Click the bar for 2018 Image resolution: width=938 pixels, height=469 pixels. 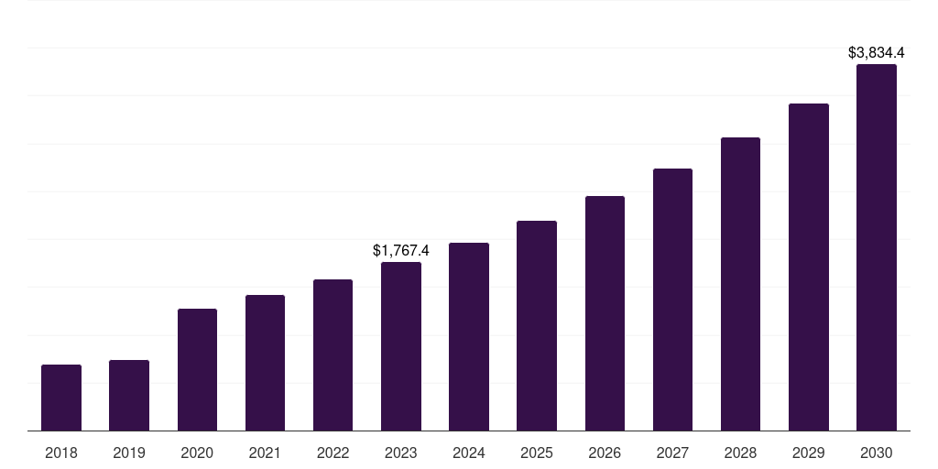click(61, 398)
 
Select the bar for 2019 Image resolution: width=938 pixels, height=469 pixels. click(129, 395)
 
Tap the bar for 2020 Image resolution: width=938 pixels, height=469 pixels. click(197, 369)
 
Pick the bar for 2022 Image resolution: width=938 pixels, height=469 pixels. click(333, 354)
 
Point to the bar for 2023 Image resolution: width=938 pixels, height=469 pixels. click(401, 346)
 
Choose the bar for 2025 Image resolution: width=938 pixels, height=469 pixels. click(537, 325)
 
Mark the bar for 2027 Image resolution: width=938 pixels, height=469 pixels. click(672, 300)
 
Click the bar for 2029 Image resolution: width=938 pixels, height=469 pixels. click(808, 267)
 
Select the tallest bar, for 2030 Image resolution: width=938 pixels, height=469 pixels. click(877, 247)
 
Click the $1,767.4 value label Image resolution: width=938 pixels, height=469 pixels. click(401, 250)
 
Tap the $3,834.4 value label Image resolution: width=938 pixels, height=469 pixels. click(877, 53)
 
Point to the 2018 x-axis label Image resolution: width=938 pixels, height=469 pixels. click(61, 453)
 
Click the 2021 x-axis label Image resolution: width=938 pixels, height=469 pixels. click(265, 453)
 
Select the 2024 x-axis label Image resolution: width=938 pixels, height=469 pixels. click(469, 453)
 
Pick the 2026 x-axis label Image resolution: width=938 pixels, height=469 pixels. click(605, 453)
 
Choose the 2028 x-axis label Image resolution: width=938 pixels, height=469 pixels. click(740, 453)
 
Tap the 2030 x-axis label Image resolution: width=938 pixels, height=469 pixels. click(877, 453)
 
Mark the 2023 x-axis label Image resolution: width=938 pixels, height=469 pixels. click(401, 453)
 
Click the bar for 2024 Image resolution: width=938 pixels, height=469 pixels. click(469, 336)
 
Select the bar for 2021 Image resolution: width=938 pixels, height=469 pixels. click(265, 363)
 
